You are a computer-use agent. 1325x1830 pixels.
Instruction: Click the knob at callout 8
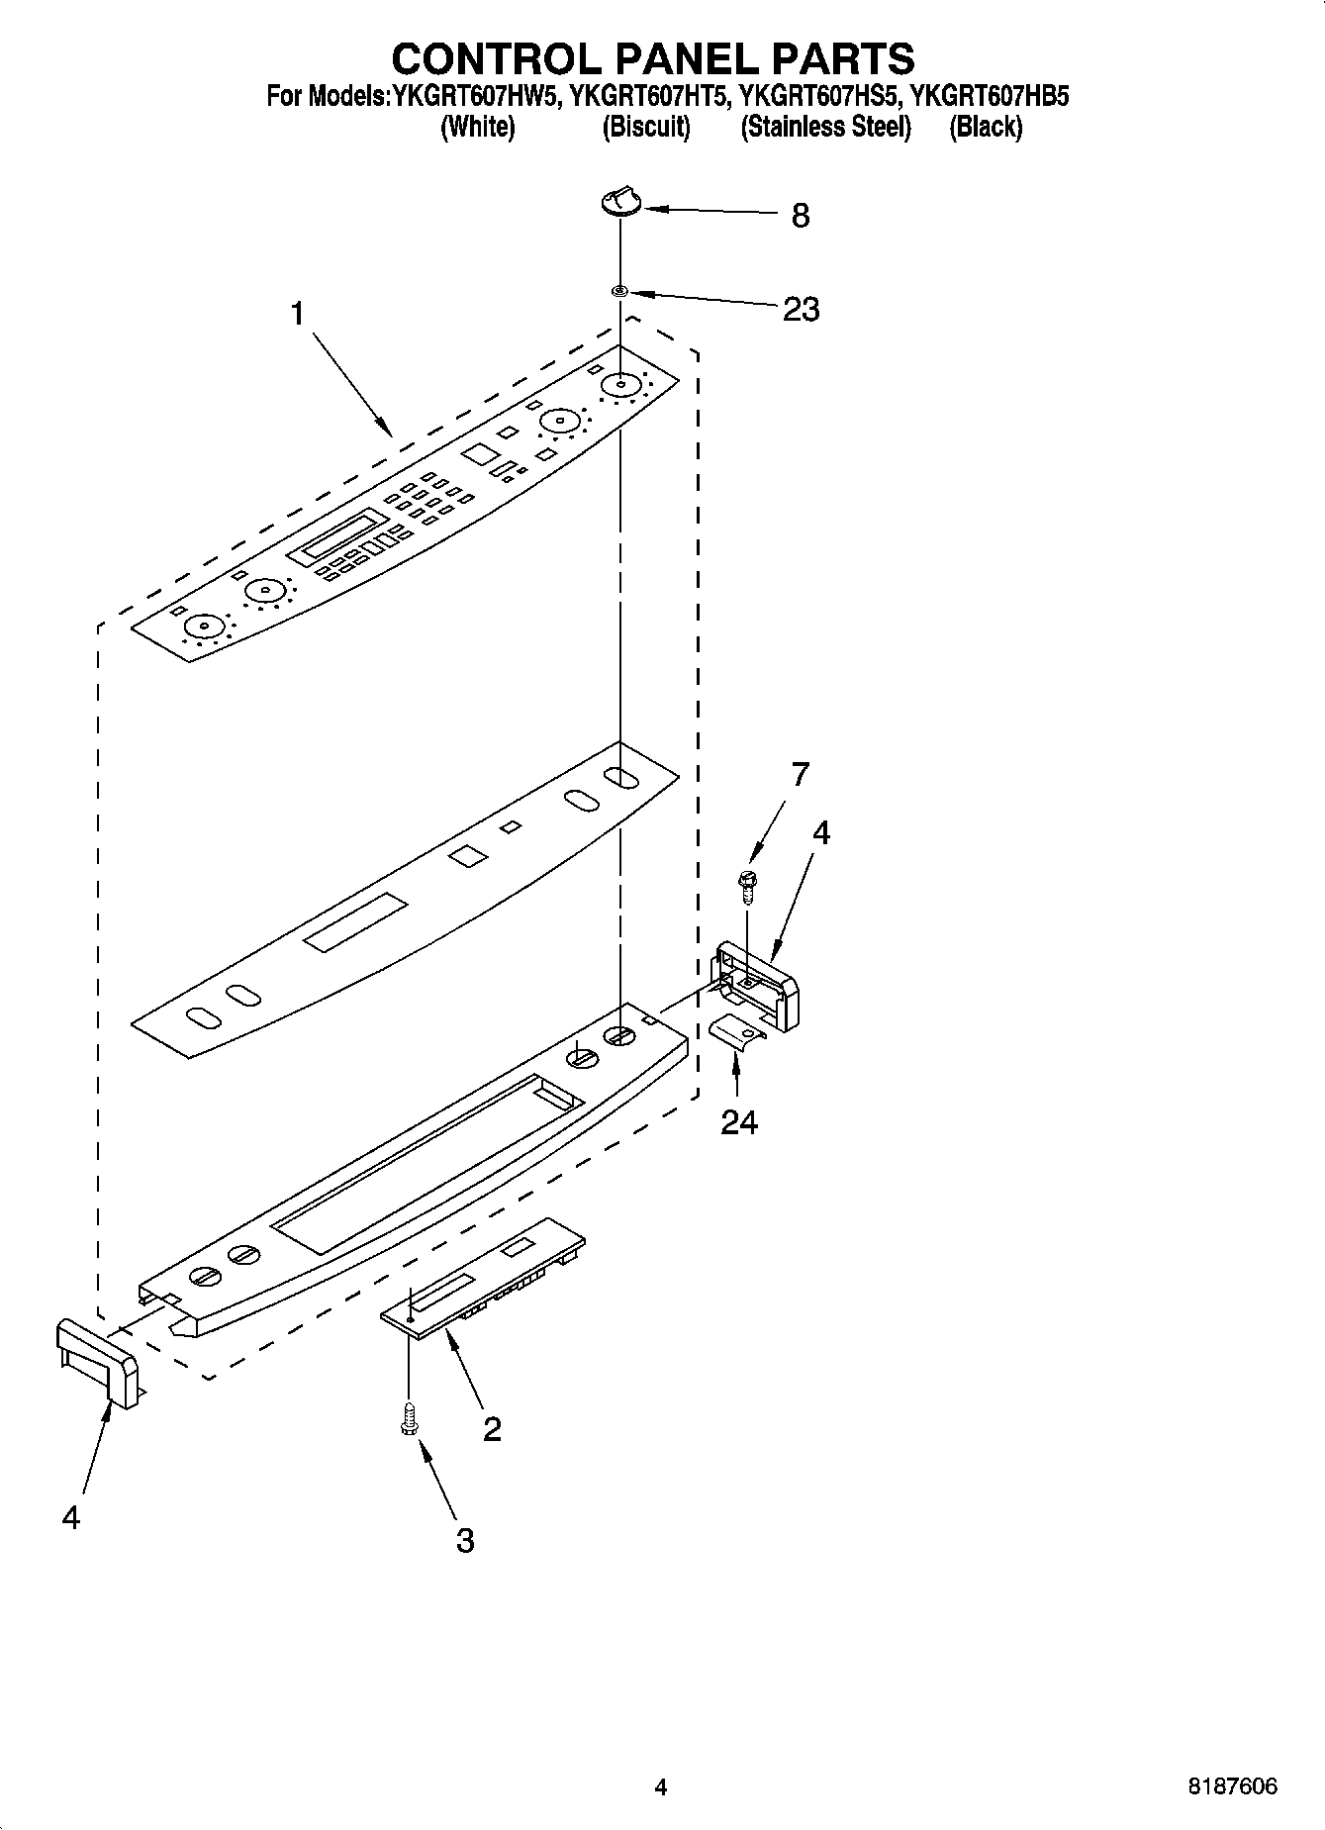[619, 202]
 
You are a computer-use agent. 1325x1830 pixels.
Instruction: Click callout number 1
[297, 315]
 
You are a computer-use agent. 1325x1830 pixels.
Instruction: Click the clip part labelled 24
[737, 1032]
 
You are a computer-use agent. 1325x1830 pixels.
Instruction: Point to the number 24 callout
[738, 1122]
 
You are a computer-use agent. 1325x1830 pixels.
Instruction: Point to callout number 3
[464, 1540]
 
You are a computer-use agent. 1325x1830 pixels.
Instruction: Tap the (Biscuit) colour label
[646, 127]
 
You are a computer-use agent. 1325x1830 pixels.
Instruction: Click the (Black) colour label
[986, 127]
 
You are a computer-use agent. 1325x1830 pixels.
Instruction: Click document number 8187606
[1232, 1786]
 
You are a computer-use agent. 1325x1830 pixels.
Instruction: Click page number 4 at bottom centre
[661, 1786]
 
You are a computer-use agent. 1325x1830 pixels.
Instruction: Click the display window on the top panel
[343, 535]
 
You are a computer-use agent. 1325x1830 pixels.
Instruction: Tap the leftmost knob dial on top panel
[204, 626]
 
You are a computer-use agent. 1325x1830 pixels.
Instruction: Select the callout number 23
[801, 310]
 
